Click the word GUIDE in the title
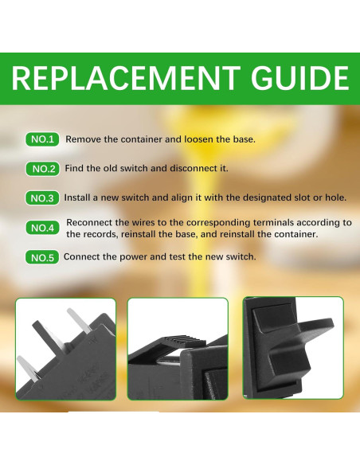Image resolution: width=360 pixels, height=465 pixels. click(x=295, y=80)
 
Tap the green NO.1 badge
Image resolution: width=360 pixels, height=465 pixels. click(x=42, y=140)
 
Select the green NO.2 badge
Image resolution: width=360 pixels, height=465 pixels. click(x=42, y=169)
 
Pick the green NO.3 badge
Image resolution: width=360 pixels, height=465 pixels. click(x=42, y=197)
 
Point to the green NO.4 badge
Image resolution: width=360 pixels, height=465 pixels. click(x=42, y=229)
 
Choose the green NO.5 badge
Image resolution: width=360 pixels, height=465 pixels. click(x=42, y=258)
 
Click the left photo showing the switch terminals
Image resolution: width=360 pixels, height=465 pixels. click(x=65, y=348)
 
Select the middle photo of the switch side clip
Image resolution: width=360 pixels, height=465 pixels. click(x=178, y=348)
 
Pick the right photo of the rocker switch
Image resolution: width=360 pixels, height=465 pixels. click(x=292, y=348)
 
